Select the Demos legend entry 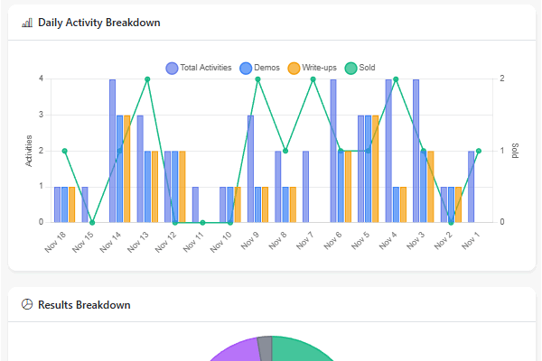pyautogui.click(x=259, y=68)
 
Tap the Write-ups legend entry pyautogui.click(x=313, y=68)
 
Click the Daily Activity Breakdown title pyautogui.click(x=98, y=23)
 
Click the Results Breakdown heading pyautogui.click(x=84, y=305)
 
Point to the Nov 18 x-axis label pyautogui.click(x=54, y=239)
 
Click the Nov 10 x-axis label pyautogui.click(x=221, y=239)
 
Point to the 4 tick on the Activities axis pyautogui.click(x=41, y=79)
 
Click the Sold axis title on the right pyautogui.click(x=515, y=151)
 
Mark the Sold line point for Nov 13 pyautogui.click(x=147, y=79)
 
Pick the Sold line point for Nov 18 pyautogui.click(x=64, y=151)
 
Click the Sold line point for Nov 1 pyautogui.click(x=479, y=151)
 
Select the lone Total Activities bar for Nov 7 pyautogui.click(x=305, y=187)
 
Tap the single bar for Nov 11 pyautogui.click(x=195, y=205)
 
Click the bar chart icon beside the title pyautogui.click(x=26, y=23)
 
